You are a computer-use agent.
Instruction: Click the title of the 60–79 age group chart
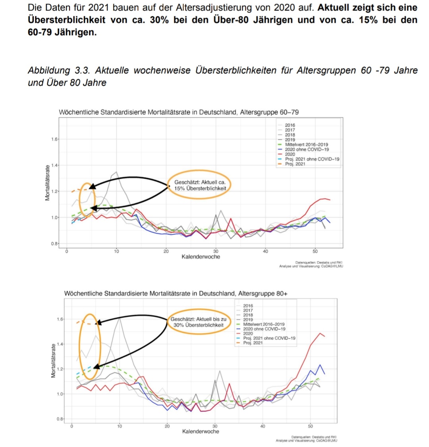pos(179,112)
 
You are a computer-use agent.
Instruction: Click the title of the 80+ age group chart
pos(176,294)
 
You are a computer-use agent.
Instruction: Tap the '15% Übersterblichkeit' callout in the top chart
pos(200,185)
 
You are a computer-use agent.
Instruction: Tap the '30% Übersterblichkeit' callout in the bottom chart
pos(198,322)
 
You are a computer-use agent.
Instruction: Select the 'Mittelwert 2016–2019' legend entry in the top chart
pos(306,145)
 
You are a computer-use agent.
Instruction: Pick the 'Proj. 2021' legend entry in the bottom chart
pos(253,343)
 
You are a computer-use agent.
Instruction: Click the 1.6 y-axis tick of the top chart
pos(54,139)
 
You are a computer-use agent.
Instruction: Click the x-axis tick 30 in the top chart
pos(215,251)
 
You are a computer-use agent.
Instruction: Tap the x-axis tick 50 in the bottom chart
pos(310,426)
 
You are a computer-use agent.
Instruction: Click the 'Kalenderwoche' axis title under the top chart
pos(201,257)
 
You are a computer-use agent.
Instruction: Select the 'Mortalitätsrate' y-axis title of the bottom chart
pos(53,360)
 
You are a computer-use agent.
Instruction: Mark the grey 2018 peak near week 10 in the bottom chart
pos(119,318)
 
